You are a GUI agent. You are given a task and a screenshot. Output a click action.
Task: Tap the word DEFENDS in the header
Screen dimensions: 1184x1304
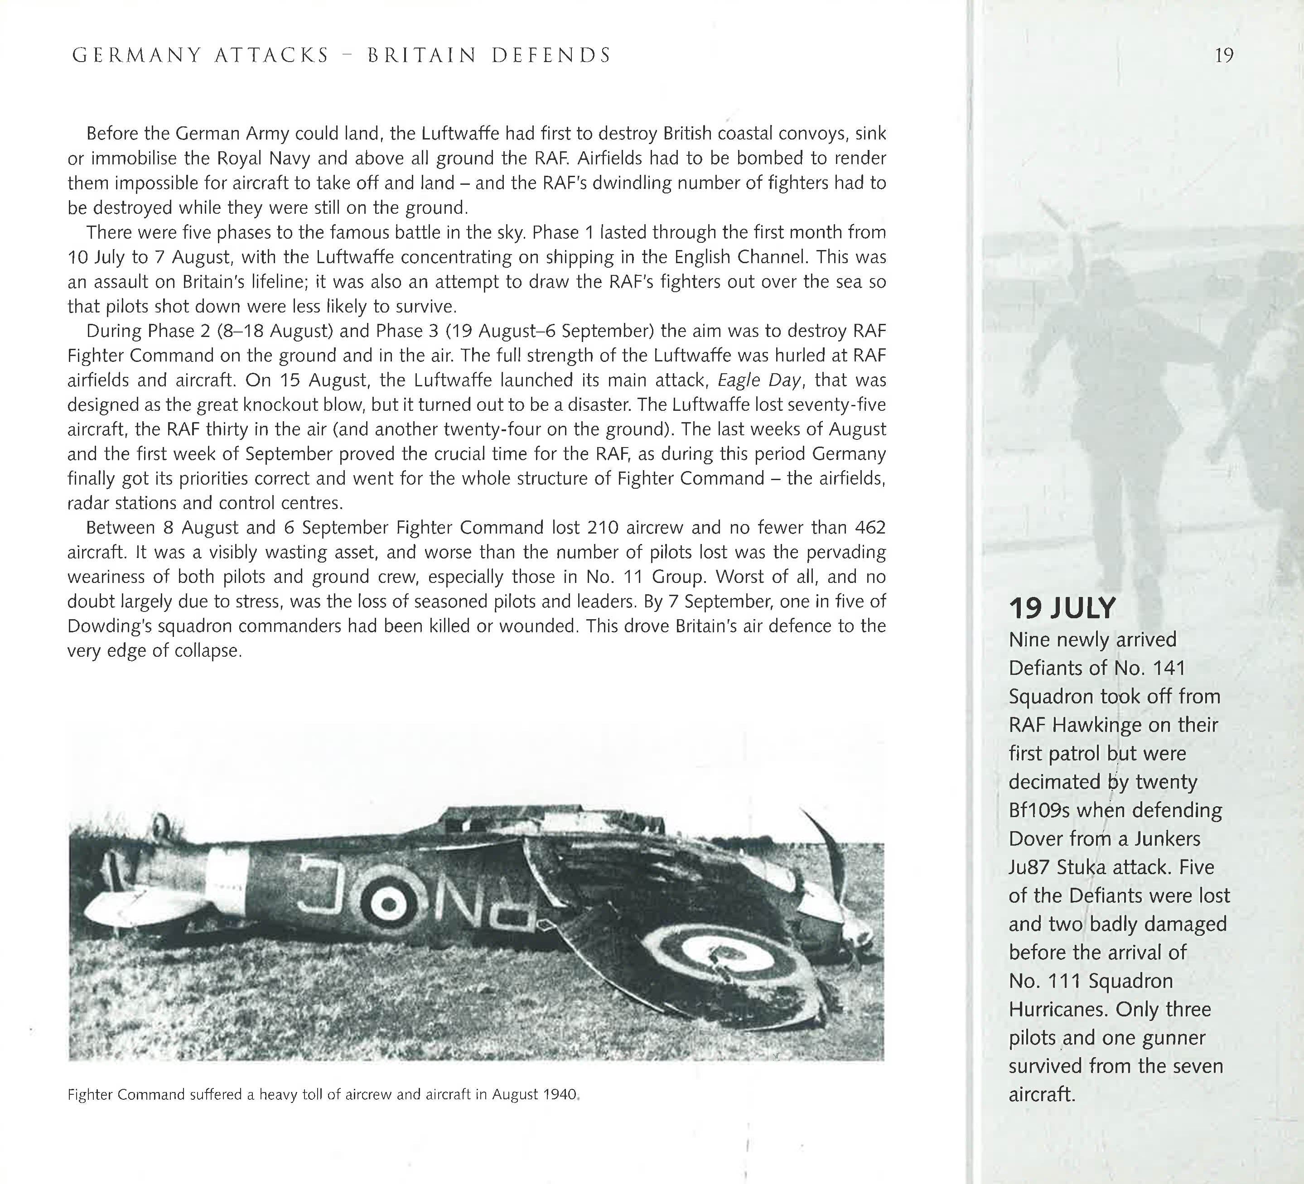coord(551,56)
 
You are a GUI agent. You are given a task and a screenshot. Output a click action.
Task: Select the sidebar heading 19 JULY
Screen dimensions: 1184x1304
coord(1062,608)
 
